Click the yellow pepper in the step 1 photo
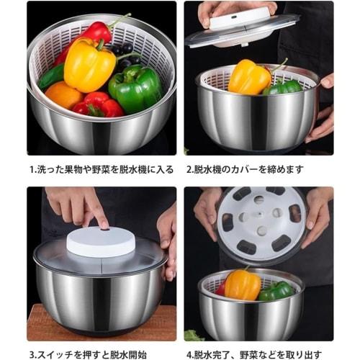[89, 64]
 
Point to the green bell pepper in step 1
[135, 87]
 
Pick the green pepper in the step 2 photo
[284, 87]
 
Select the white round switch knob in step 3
[100, 243]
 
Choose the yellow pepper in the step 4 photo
[243, 284]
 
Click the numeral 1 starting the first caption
[32, 171]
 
